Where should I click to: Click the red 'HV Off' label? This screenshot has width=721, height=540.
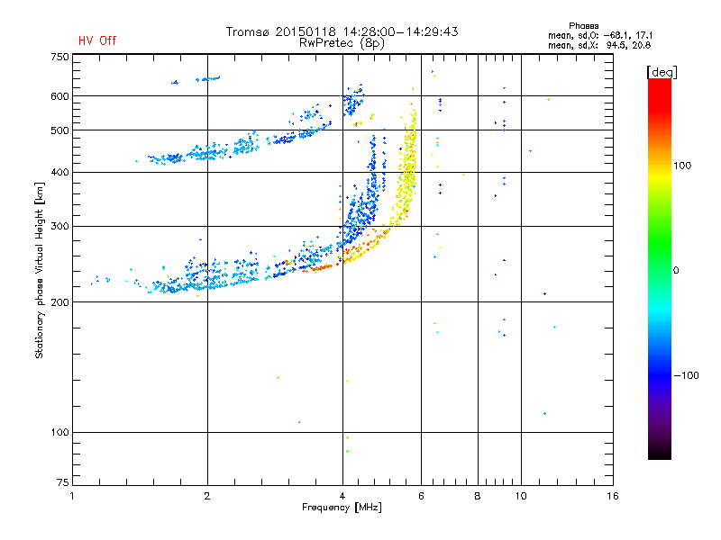[97, 40]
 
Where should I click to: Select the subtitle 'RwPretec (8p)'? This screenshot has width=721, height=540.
[342, 43]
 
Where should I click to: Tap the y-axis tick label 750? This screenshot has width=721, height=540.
[59, 57]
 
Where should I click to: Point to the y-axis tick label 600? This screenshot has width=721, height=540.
[59, 96]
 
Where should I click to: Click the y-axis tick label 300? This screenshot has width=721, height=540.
[59, 227]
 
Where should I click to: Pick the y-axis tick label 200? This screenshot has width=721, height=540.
[59, 302]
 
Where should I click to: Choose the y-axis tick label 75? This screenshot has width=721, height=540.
[63, 482]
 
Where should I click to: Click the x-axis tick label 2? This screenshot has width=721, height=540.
[207, 496]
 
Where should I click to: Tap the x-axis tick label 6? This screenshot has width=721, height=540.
[421, 496]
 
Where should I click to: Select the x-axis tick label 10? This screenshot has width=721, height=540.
[521, 496]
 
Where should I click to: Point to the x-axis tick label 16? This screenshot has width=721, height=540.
[613, 496]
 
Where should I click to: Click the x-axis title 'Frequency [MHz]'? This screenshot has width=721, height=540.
[342, 508]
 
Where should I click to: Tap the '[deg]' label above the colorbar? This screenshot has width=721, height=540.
[662, 72]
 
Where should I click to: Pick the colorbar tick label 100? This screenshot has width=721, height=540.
[682, 166]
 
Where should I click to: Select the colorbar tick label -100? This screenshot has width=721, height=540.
[687, 375]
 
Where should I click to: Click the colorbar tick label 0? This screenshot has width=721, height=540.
[676, 271]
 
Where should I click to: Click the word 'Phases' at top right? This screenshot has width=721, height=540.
[583, 26]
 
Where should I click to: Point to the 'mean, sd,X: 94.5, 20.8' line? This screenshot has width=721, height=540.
[599, 46]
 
